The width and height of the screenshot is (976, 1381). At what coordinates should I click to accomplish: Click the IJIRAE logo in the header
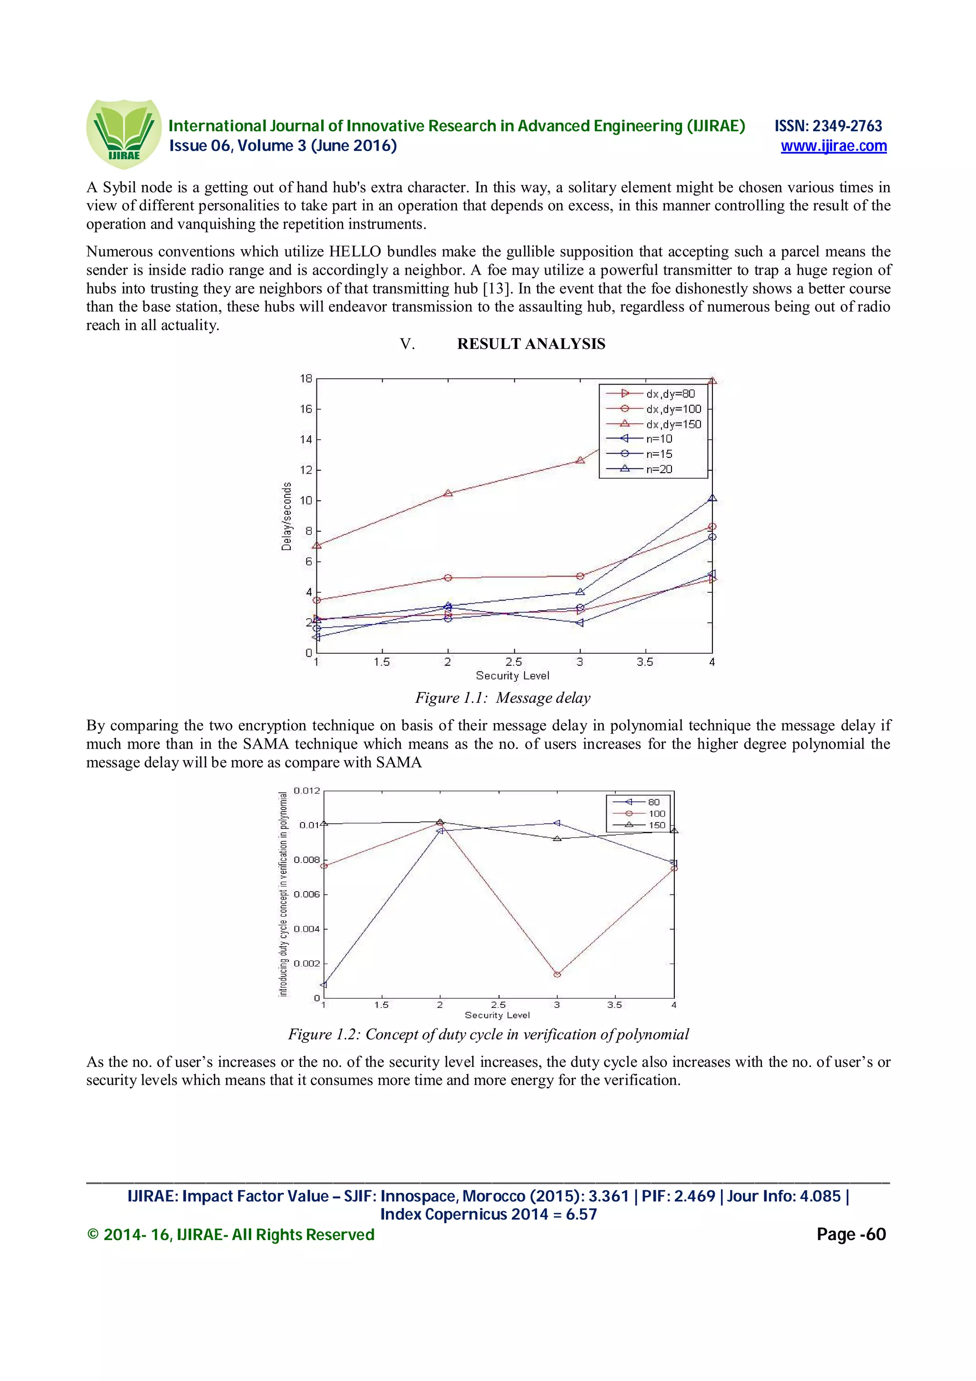pos(124,134)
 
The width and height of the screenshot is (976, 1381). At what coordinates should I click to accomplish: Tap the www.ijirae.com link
pos(834,146)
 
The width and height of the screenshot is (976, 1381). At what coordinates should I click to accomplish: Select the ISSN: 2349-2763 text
pos(828,126)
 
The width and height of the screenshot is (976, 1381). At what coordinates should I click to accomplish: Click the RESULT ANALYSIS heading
pos(530,344)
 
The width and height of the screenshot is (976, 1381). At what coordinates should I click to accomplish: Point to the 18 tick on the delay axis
pos(306,378)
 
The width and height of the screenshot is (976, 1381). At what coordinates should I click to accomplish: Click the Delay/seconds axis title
pos(287,516)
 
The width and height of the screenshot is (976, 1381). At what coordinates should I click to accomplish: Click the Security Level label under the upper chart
pos(512,675)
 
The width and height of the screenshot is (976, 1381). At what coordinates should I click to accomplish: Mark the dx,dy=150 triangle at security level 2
pos(448,493)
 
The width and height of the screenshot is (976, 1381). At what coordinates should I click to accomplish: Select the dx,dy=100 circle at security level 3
pos(579,576)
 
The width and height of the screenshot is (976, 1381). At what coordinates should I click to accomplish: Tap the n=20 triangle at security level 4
pos(712,498)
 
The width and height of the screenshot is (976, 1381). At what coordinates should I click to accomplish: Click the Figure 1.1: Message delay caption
pos(503,698)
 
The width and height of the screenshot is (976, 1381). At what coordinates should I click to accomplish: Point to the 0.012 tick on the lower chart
pos(307,791)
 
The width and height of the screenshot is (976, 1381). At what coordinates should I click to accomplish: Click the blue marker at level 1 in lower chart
pos(324,985)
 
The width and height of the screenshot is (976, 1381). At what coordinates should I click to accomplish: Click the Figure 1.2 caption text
pos(488,1034)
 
